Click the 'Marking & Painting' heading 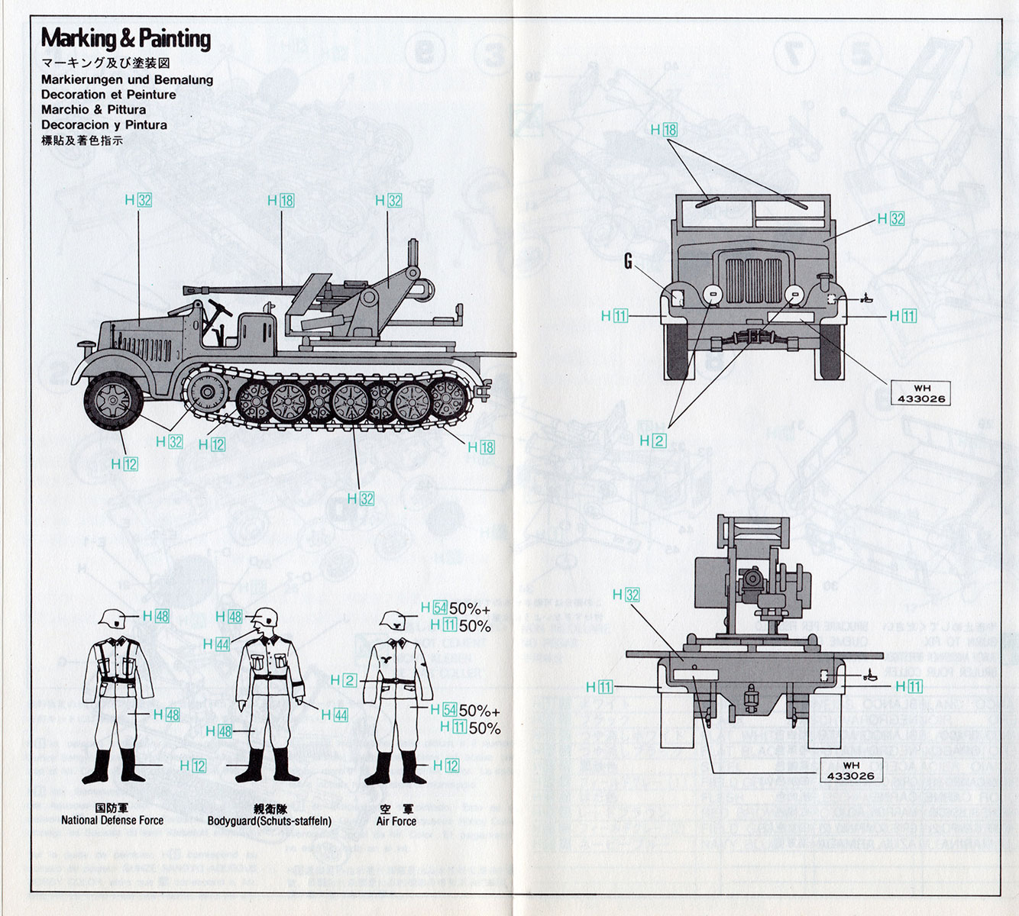coord(125,38)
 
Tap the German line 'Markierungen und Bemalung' coord(127,79)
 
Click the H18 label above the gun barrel coord(281,201)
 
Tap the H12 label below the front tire coord(125,464)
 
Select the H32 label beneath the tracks coord(361,498)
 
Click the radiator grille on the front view coord(752,280)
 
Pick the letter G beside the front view coord(628,262)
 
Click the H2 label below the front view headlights coord(653,440)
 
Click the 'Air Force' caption coord(396,821)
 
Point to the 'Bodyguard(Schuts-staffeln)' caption coord(270,821)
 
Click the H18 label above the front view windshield coord(664,130)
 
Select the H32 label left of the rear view coord(626,595)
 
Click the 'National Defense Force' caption coord(112,821)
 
